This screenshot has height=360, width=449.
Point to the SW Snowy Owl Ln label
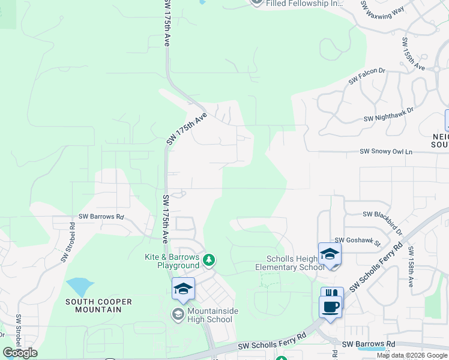pos(387,152)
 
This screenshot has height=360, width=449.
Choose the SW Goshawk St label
pos(358,241)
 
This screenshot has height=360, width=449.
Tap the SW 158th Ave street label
pos(411,266)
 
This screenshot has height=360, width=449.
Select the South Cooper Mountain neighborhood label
pos(94,305)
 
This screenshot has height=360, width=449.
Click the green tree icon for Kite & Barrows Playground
pos(209,260)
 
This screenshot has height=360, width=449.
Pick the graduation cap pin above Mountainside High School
pos(183,289)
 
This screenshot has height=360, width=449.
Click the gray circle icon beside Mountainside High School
pos(178,314)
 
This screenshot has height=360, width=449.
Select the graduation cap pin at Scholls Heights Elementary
pos(330,254)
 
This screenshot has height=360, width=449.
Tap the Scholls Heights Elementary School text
pos(290,263)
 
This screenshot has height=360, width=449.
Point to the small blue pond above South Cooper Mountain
pos(80,287)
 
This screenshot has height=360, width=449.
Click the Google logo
pos(20,353)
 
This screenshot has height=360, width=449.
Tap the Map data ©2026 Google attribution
pos(412,355)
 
